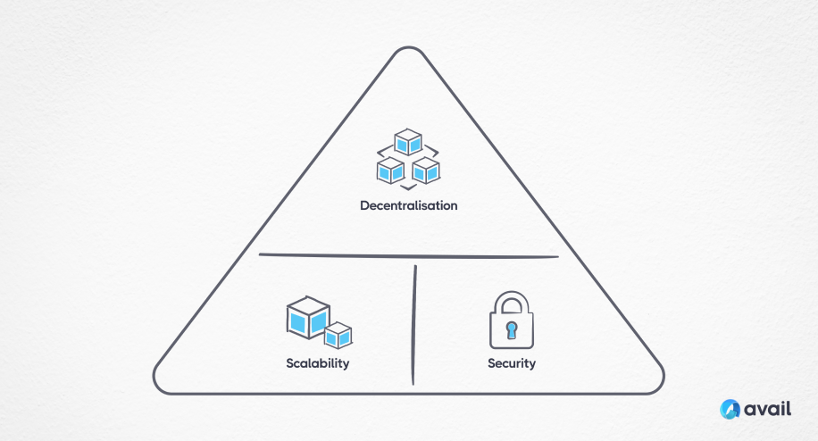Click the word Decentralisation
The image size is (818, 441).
pyautogui.click(x=408, y=205)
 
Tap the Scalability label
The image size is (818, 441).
pyautogui.click(x=317, y=363)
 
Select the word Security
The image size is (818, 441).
pyautogui.click(x=512, y=363)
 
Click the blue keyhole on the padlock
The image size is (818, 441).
pyautogui.click(x=512, y=330)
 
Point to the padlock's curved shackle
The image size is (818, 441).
pyautogui.click(x=512, y=302)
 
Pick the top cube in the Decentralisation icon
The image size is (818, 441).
pyautogui.click(x=409, y=141)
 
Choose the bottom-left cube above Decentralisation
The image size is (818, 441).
pyautogui.click(x=390, y=169)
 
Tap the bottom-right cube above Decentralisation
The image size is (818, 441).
pyautogui.click(x=426, y=169)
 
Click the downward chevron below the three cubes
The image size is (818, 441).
pyautogui.click(x=408, y=187)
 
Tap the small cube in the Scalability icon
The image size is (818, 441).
pyautogui.click(x=338, y=336)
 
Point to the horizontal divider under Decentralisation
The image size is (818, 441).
pyautogui.click(x=408, y=256)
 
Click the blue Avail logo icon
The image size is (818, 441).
pyautogui.click(x=731, y=408)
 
